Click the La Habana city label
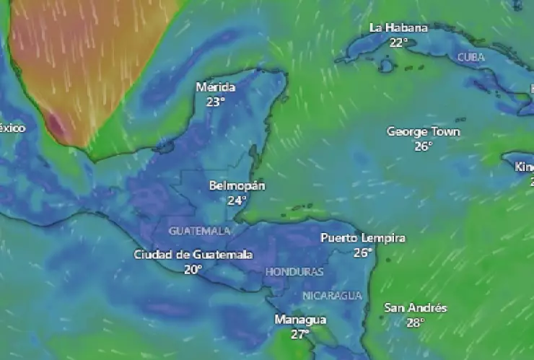click(x=398, y=28)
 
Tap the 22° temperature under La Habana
click(x=398, y=42)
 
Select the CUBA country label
click(x=471, y=56)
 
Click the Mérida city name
click(x=216, y=87)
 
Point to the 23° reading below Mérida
click(x=215, y=102)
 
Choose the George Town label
click(x=424, y=132)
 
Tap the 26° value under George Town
click(x=423, y=146)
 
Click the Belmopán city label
click(x=237, y=186)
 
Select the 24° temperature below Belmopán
click(x=237, y=200)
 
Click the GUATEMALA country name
click(x=200, y=231)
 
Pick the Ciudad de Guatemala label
click(x=193, y=255)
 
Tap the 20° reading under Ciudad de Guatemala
click(x=193, y=269)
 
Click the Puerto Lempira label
click(x=363, y=238)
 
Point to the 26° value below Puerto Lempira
click(x=362, y=253)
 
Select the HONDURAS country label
click(x=294, y=272)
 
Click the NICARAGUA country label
click(x=332, y=296)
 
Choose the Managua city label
click(x=300, y=320)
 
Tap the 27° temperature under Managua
click(x=300, y=334)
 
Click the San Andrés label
click(x=415, y=308)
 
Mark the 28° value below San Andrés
click(x=414, y=322)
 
